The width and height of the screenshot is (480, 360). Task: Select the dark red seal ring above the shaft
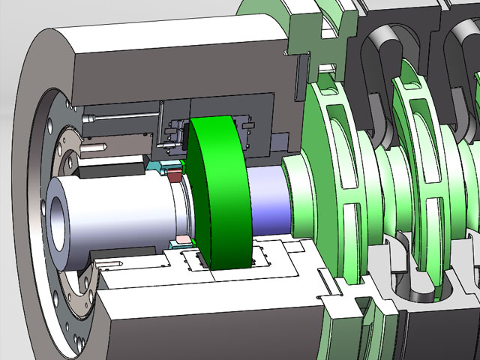(175, 175)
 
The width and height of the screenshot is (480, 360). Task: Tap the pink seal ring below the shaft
(181, 244)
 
